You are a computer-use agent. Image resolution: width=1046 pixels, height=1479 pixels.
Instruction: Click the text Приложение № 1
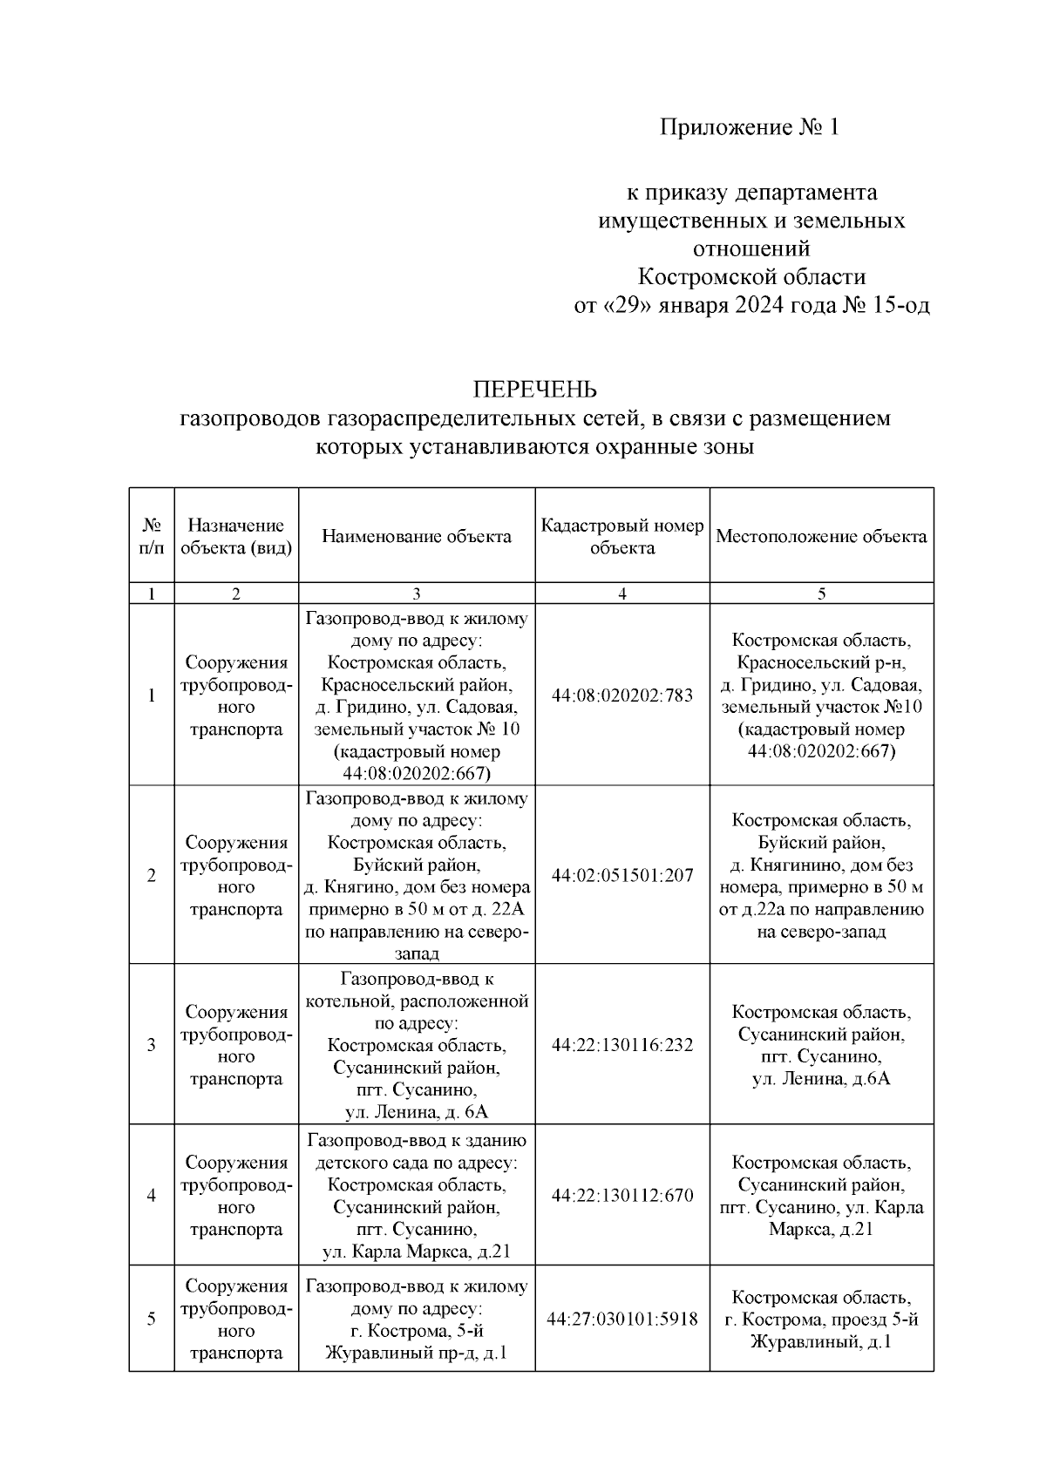pyautogui.click(x=748, y=128)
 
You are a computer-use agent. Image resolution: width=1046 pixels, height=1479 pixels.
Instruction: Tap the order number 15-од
pyautogui.click(x=898, y=306)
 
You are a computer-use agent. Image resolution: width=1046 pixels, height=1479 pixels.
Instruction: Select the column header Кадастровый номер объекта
pyautogui.click(x=621, y=537)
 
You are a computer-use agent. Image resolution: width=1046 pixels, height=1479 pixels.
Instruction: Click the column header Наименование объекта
pyautogui.click(x=416, y=537)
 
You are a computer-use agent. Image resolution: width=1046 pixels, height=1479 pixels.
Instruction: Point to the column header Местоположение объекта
pyautogui.click(x=821, y=537)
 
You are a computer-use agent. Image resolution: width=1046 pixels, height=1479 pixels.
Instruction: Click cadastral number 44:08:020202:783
pyautogui.click(x=621, y=695)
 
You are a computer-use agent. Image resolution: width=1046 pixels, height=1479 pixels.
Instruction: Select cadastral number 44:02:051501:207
pyautogui.click(x=621, y=875)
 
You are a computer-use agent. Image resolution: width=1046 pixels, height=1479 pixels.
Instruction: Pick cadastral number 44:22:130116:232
pyautogui.click(x=621, y=1044)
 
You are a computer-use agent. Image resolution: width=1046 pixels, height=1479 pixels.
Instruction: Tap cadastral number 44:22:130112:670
pyautogui.click(x=621, y=1195)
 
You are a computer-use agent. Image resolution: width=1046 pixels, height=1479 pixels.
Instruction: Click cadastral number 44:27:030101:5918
pyautogui.click(x=621, y=1320)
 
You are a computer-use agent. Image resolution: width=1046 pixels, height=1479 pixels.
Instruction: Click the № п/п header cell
pyautogui.click(x=152, y=537)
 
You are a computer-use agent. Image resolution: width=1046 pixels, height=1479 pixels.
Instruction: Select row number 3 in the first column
pyautogui.click(x=152, y=1044)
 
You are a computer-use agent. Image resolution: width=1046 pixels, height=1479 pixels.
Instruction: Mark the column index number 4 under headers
pyautogui.click(x=621, y=594)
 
